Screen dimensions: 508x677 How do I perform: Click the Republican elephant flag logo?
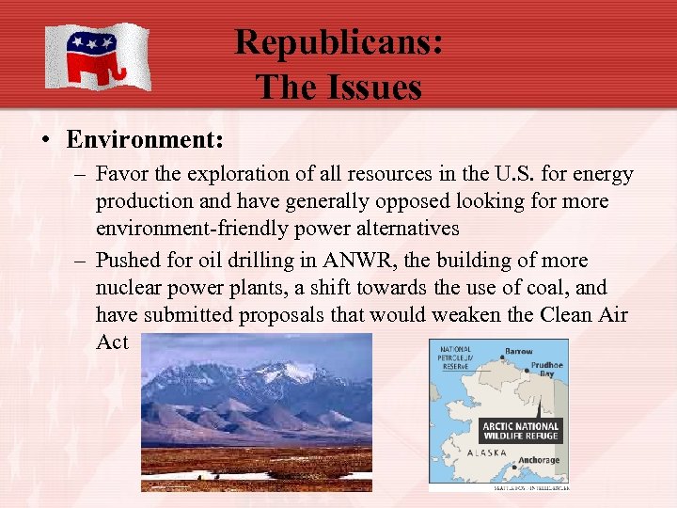click(97, 56)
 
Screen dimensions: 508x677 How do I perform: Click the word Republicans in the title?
click(338, 42)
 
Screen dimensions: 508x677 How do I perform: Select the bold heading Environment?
click(144, 141)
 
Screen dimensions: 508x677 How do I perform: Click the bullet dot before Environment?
click(44, 142)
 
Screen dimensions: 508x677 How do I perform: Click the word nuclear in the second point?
click(131, 288)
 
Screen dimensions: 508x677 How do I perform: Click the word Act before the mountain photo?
click(112, 342)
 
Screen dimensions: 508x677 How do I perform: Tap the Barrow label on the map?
click(518, 351)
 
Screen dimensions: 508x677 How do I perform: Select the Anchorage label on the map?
click(539, 460)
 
